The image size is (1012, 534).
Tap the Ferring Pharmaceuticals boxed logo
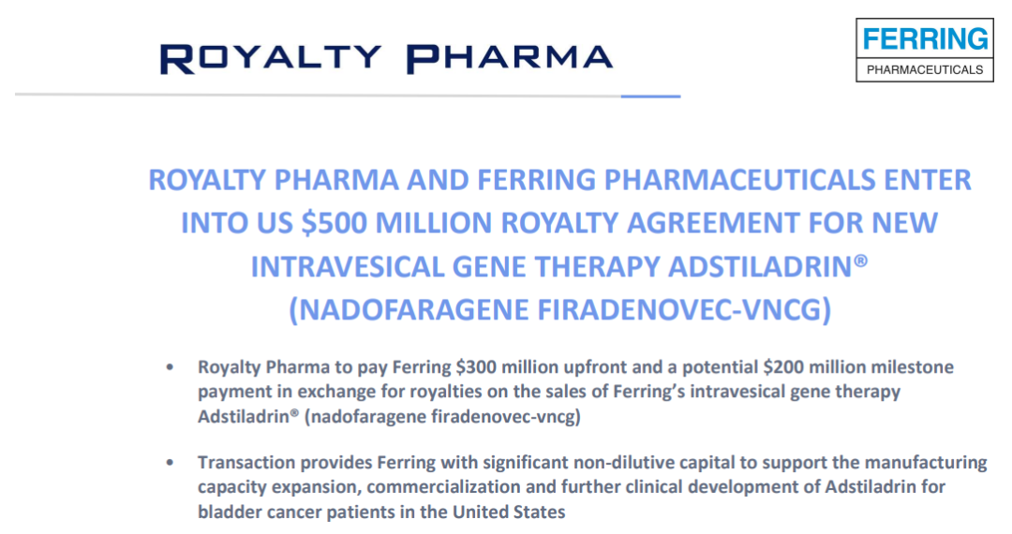[x=924, y=51]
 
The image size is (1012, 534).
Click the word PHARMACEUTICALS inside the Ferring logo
[x=924, y=69]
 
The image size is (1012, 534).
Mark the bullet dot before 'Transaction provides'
[x=169, y=463]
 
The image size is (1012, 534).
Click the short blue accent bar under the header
[x=651, y=96]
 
